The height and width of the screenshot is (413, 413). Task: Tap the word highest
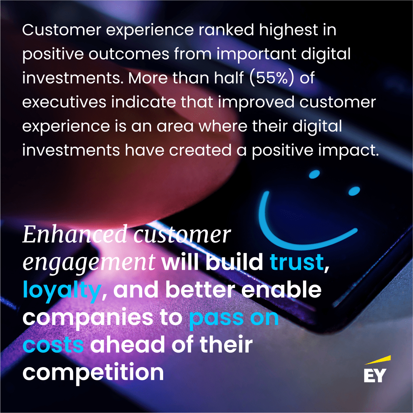[289, 31]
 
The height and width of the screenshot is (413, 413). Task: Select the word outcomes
[129, 54]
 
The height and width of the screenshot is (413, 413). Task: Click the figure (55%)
[272, 78]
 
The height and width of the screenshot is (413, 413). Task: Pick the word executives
[64, 102]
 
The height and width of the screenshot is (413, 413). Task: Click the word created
[200, 150]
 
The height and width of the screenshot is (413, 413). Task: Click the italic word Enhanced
[75, 234]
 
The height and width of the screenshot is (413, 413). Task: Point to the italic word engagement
[89, 262]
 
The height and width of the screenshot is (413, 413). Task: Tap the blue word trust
[297, 262]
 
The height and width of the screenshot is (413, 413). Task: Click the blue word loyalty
[62, 290]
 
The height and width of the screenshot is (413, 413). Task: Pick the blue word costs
[53, 345]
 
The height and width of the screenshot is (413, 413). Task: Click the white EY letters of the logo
[375, 375]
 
